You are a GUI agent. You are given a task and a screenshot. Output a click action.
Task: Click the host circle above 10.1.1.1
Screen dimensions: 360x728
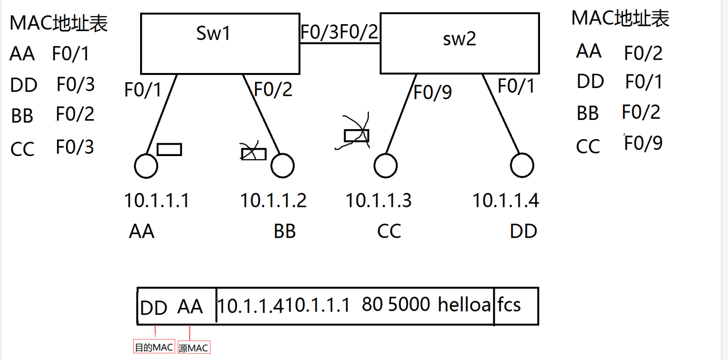coord(146,166)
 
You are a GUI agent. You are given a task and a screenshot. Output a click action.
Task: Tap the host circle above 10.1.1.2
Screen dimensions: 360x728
coord(283,166)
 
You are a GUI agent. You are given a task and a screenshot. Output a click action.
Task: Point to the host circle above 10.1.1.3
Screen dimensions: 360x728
coord(386,166)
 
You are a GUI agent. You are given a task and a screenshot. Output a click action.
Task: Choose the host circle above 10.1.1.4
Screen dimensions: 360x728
coord(522,165)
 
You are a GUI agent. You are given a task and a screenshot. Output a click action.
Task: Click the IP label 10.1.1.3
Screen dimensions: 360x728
coord(378,201)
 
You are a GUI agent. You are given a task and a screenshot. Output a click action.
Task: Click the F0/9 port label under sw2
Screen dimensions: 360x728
coord(433,93)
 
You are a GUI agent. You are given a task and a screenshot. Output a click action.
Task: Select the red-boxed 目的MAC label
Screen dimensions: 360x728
coord(154,347)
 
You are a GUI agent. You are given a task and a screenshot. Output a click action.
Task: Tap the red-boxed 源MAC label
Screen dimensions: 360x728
coord(194,348)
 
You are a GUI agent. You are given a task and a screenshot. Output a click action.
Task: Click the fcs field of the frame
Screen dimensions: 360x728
coord(509,305)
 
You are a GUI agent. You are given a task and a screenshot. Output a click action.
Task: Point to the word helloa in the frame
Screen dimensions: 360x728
coord(464,305)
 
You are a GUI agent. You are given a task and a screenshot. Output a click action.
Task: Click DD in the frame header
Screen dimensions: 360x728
coord(154,308)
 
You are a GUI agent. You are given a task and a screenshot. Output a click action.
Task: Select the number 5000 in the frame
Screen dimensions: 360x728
coord(409,305)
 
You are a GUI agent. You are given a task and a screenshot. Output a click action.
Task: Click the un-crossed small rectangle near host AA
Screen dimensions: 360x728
coord(169,149)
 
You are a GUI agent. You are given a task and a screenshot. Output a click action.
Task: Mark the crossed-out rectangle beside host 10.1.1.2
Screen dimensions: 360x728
coord(253,154)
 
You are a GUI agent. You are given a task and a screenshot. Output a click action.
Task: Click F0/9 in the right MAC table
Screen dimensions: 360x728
coord(643,143)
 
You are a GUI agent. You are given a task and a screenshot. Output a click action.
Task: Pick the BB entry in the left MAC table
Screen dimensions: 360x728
coord(22,116)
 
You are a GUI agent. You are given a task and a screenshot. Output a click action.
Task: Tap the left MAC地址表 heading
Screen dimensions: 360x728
coord(59,23)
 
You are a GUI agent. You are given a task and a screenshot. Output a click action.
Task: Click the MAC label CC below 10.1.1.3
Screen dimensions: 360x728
coord(389,231)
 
